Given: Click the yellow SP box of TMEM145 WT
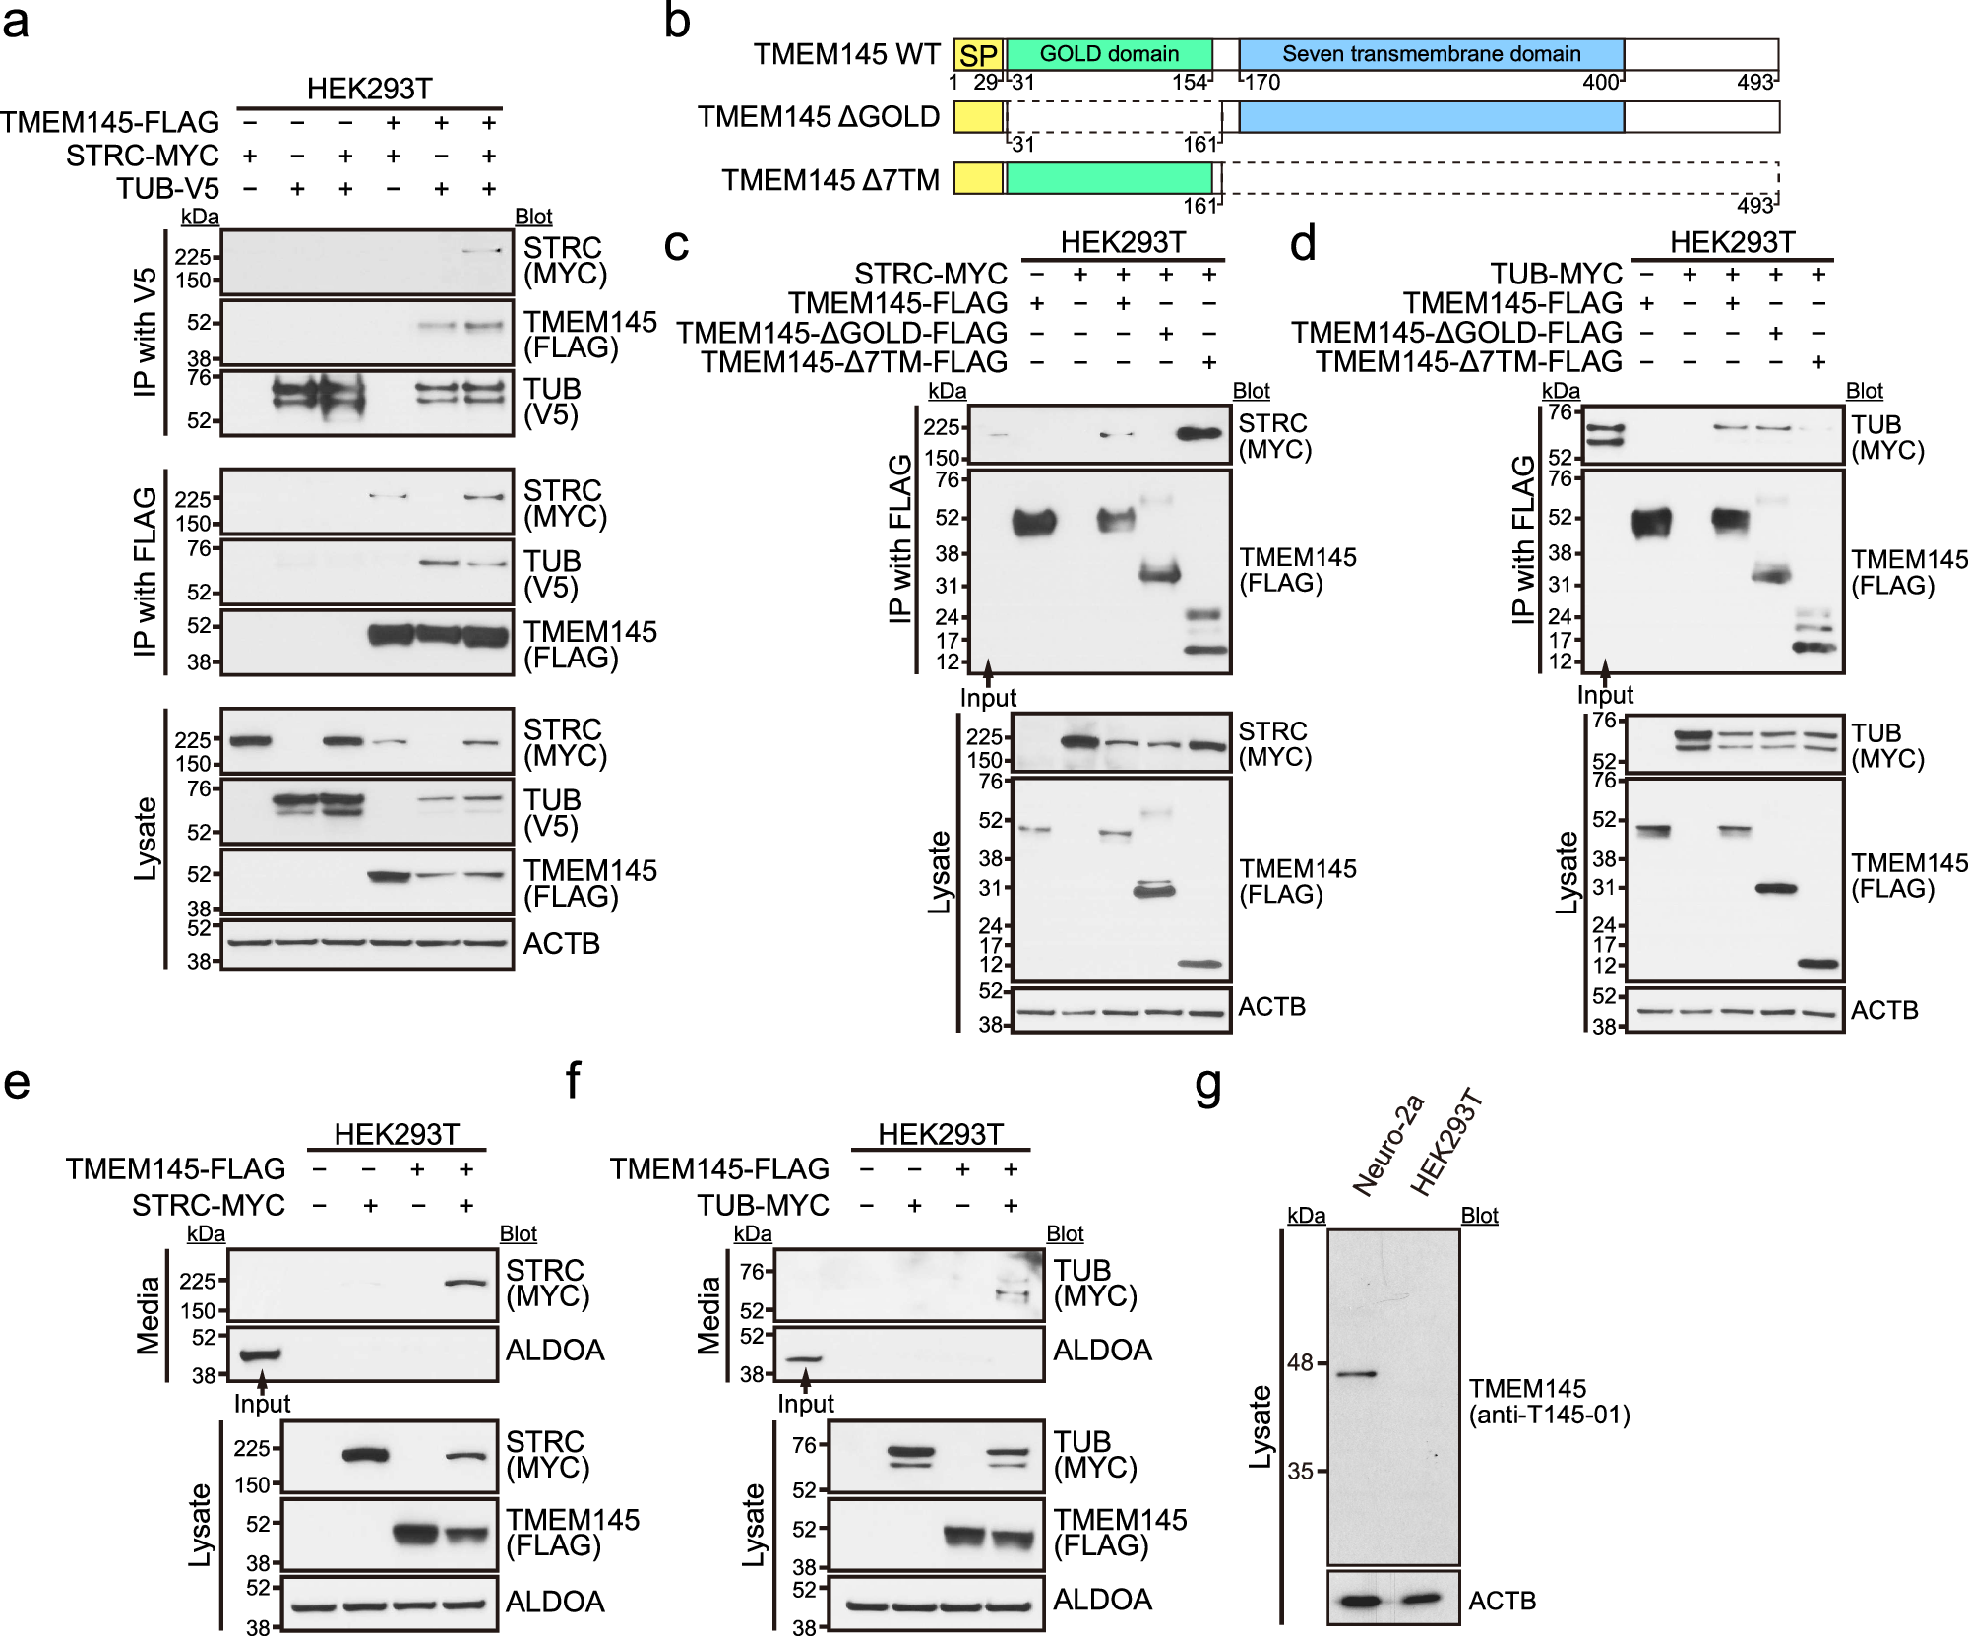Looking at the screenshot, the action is coord(978,55).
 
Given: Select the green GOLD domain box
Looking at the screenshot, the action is coord(1109,54).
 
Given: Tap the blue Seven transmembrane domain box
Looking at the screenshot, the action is coord(1431,54).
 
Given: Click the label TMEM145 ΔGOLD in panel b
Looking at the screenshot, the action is coord(819,117).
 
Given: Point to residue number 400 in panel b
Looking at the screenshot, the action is coord(1599,83).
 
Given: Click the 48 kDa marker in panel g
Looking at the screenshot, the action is coord(1300,1363).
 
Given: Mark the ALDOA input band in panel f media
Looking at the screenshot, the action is coord(802,1359).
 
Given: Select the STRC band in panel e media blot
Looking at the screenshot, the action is coord(465,1282).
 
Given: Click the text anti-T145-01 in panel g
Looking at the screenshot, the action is coord(1549,1416).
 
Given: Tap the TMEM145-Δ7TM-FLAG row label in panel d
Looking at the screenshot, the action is coord(1469,362).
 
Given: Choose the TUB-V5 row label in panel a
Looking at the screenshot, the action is coord(167,188).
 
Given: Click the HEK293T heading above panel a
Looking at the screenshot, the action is coord(369,89).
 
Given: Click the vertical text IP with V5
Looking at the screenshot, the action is coord(146,332).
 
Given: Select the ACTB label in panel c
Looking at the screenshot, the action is coord(1271,1007).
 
